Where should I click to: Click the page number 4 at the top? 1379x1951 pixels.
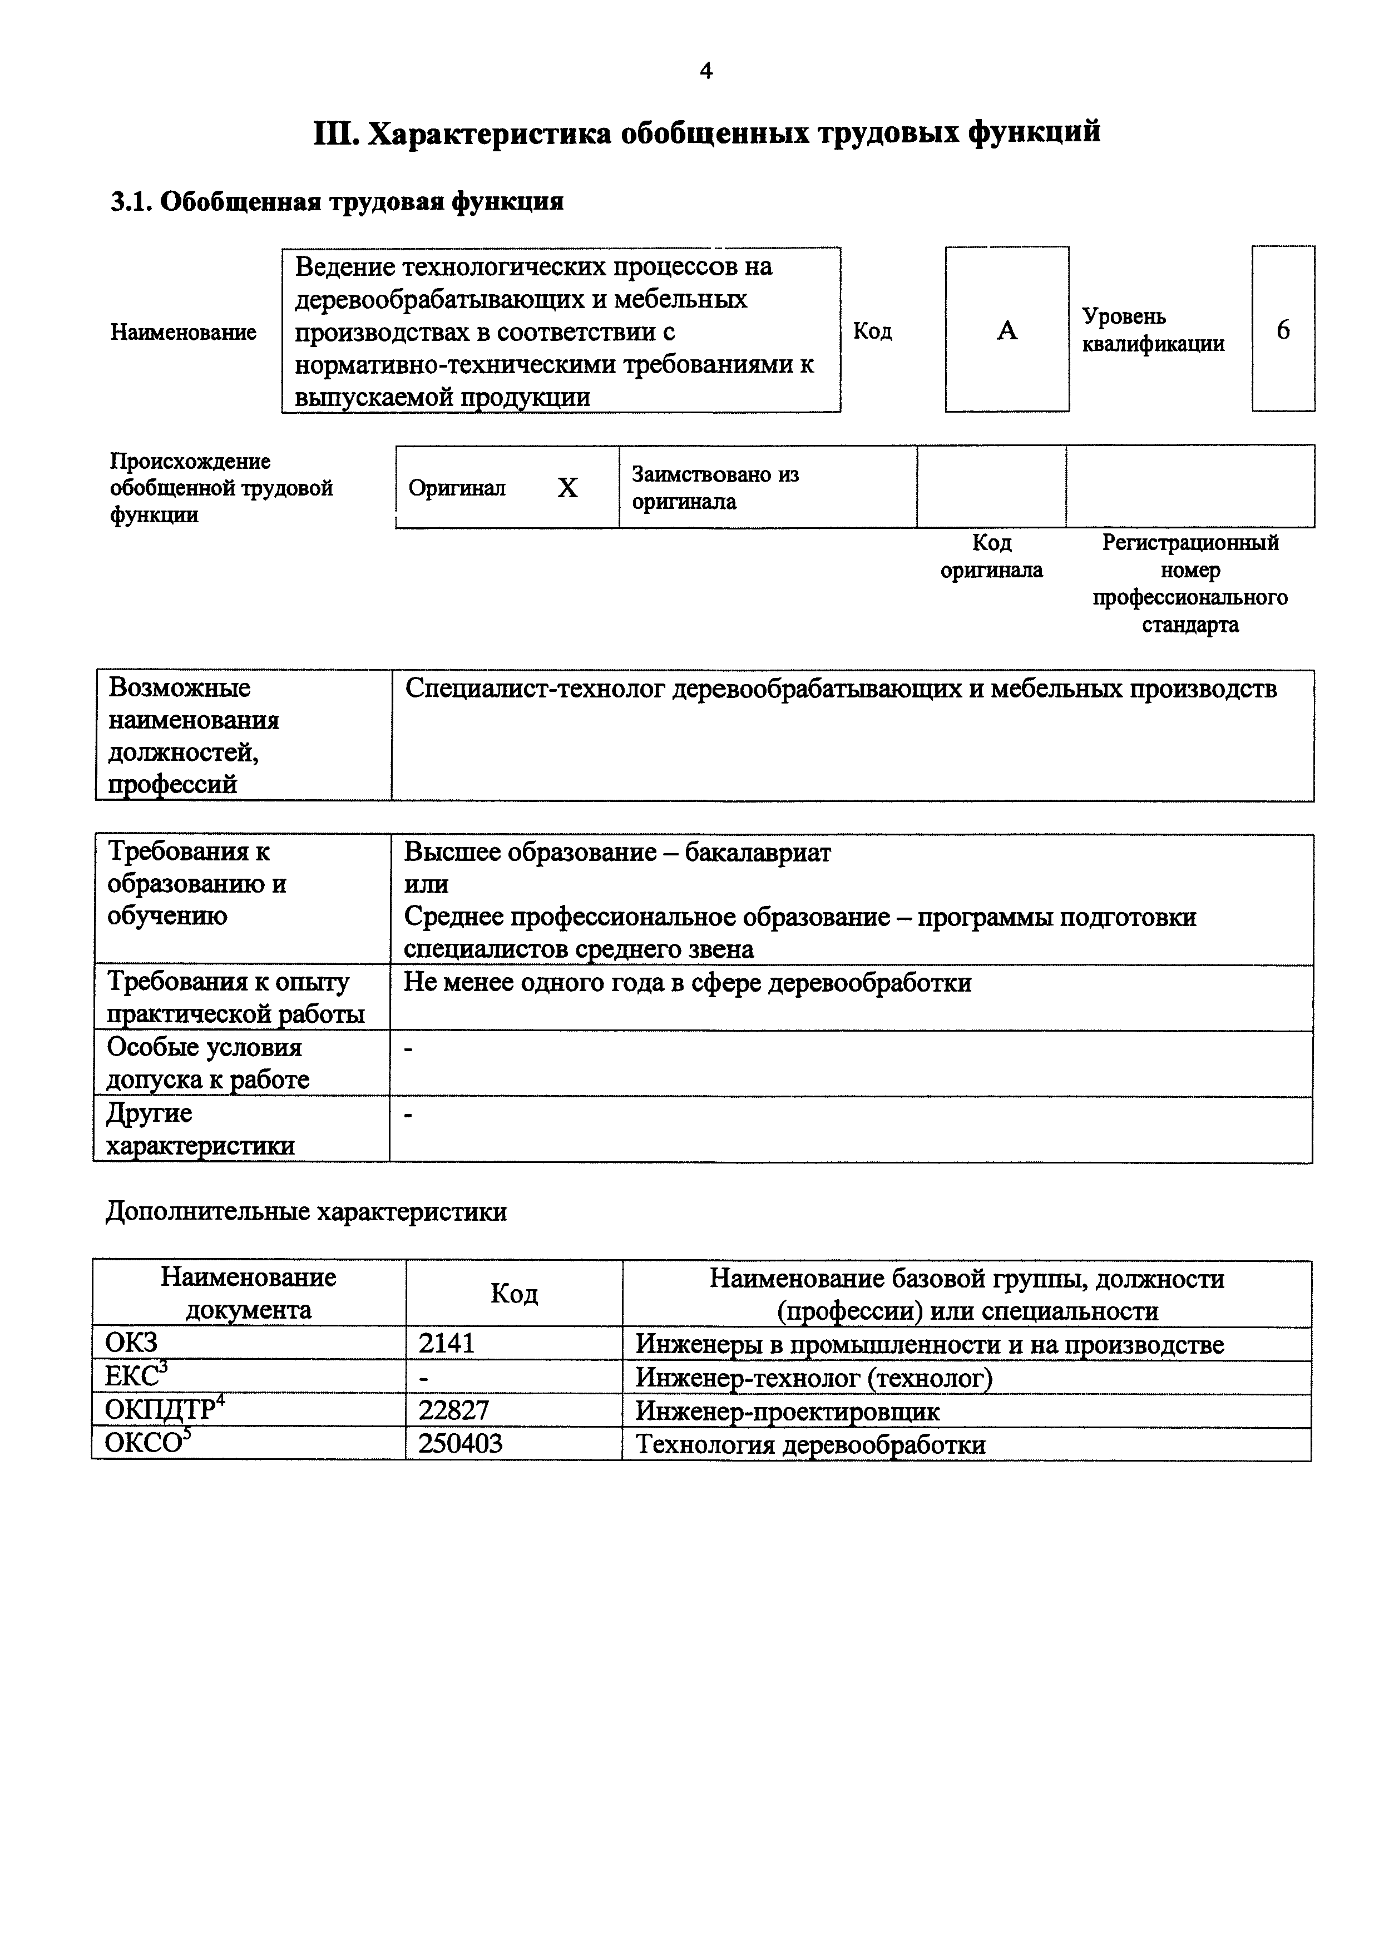pyautogui.click(x=705, y=71)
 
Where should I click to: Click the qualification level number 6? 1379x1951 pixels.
pyautogui.click(x=1283, y=330)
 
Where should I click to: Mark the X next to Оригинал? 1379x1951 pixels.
pyautogui.click(x=567, y=488)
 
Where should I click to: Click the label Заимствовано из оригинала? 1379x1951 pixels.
pyautogui.click(x=715, y=488)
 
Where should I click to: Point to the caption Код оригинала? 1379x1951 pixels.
pyautogui.click(x=991, y=556)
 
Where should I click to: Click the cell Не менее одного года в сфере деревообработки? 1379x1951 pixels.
pyautogui.click(x=686, y=983)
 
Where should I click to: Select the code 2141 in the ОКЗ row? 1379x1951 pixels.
pyautogui.click(x=446, y=1344)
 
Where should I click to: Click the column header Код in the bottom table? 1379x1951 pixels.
pyautogui.click(x=513, y=1294)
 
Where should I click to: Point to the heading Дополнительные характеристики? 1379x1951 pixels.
pyautogui.click(x=306, y=1212)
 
